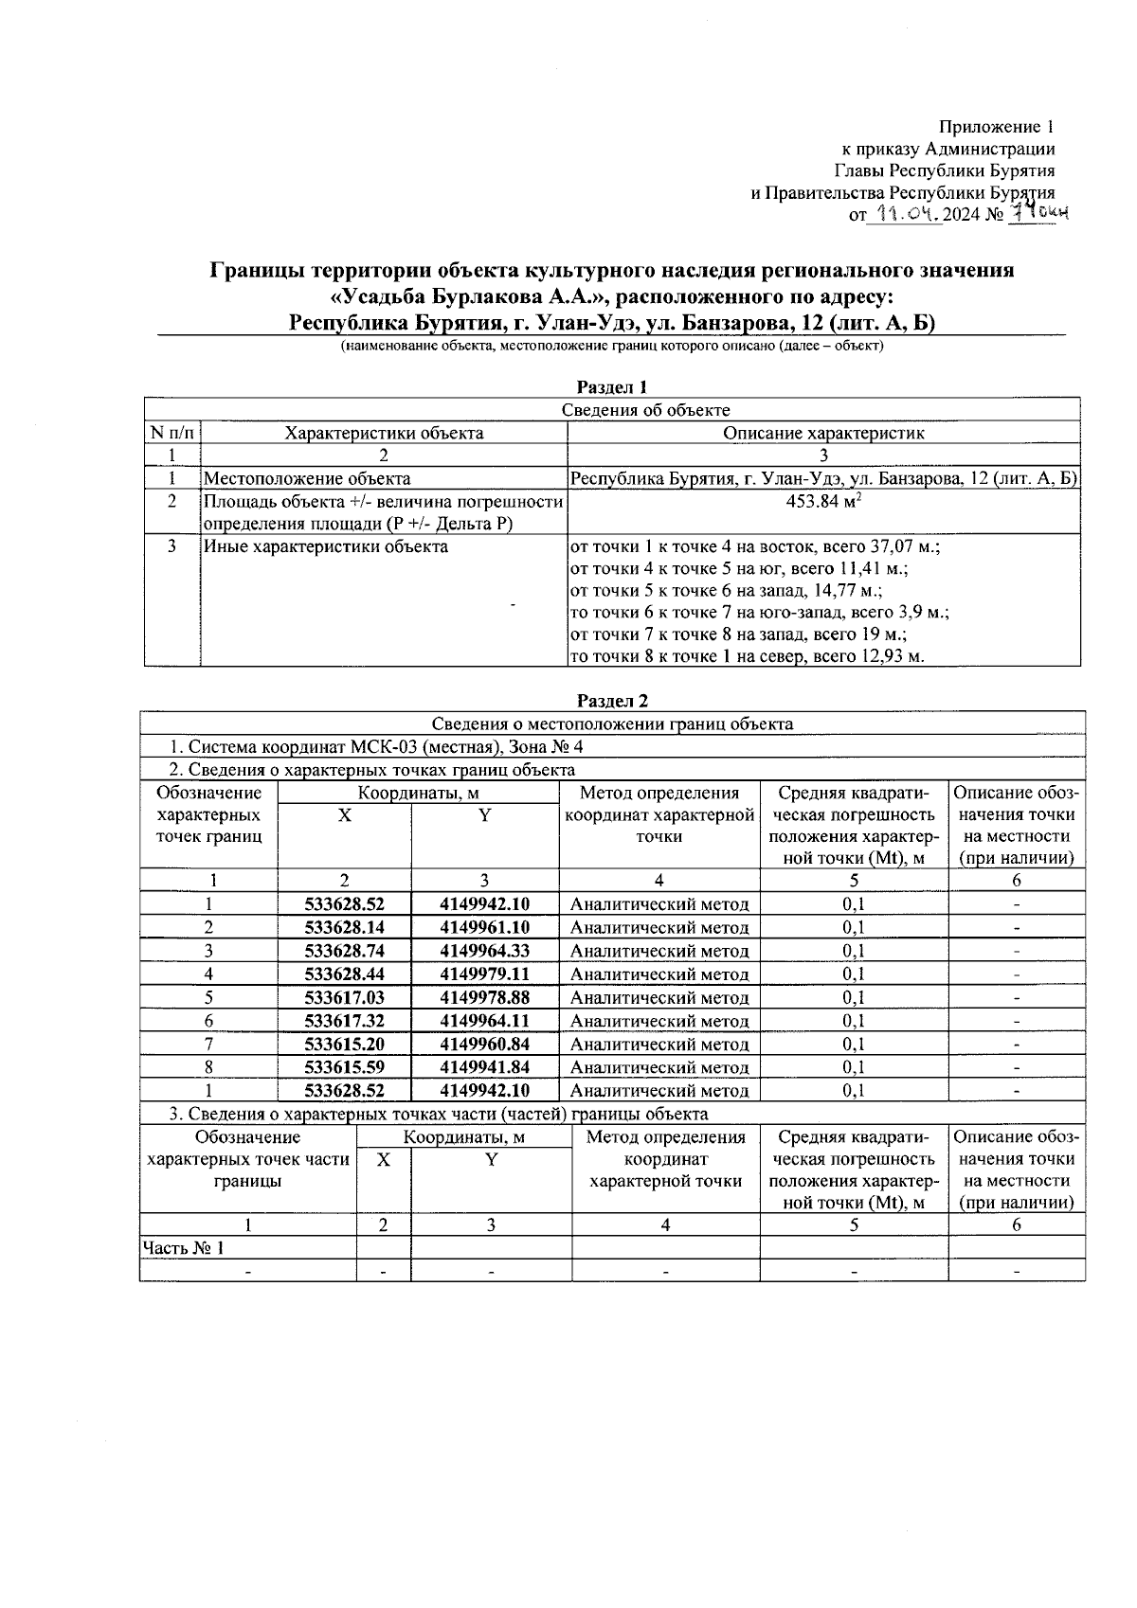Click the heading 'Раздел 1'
pos(612,387)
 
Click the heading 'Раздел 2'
pos(612,702)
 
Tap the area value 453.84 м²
pos(822,501)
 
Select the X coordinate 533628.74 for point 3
pos(344,951)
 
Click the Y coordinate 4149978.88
pos(484,997)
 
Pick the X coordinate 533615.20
pos(344,1044)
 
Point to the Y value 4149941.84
pos(484,1067)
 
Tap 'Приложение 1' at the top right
pos(996,127)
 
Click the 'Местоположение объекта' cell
pos(307,478)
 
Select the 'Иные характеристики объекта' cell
pos(326,546)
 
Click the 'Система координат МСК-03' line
pos(376,747)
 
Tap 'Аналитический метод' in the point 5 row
pos(659,997)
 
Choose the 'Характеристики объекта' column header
pos(384,433)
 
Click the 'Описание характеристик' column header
pos(822,433)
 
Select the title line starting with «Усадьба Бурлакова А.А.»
pos(611,296)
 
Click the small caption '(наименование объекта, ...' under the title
pos(611,347)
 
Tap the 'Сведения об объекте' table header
pos(645,410)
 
